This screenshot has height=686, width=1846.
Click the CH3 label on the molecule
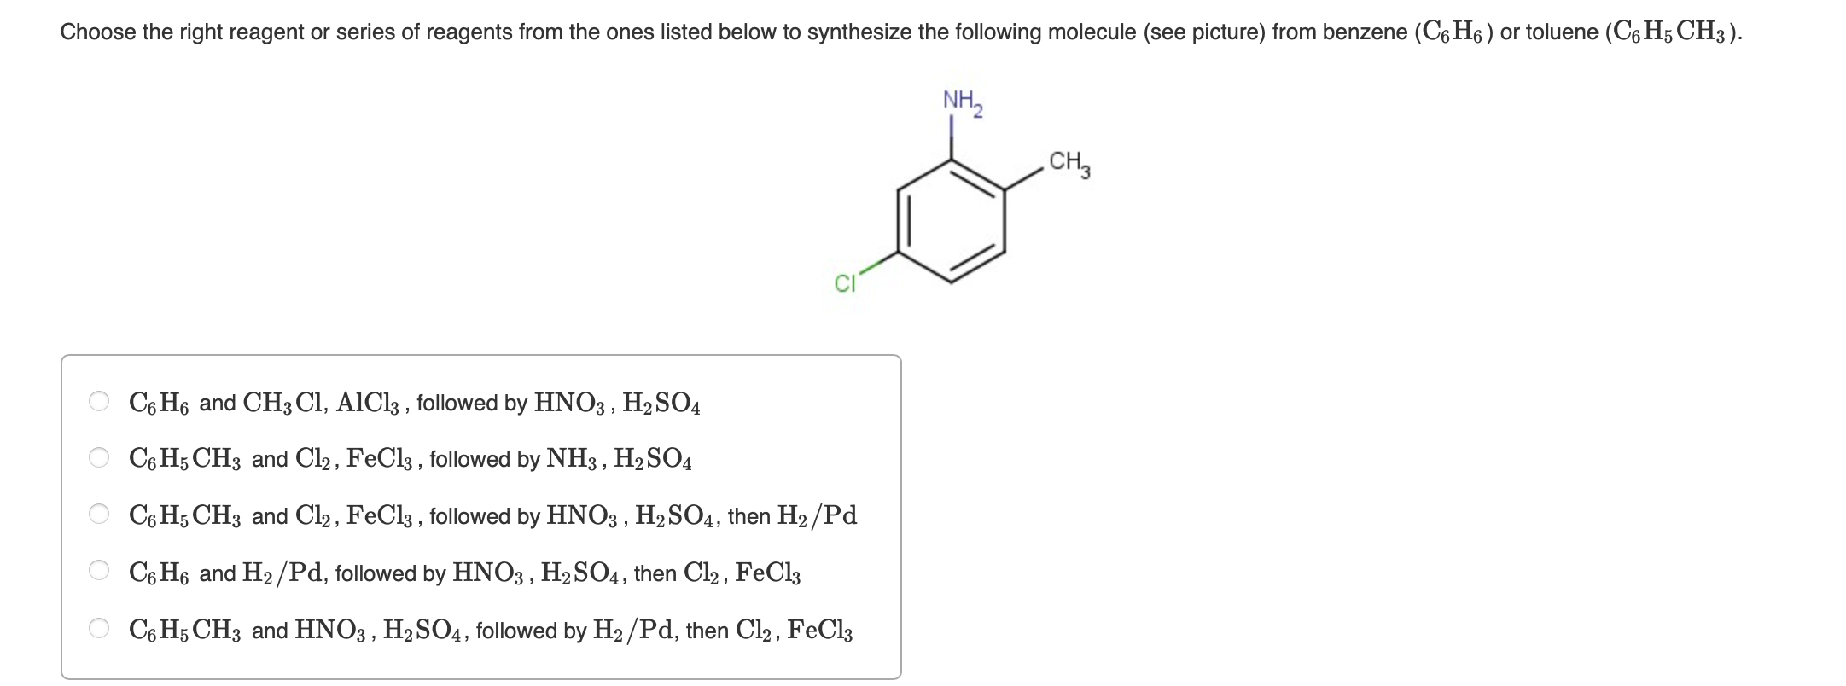(x=1069, y=163)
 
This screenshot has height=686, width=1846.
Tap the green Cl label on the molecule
(x=844, y=284)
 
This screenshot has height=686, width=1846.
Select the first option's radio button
(x=99, y=402)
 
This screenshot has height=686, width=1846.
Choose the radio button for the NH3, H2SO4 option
(x=99, y=458)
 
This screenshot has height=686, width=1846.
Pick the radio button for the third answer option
(x=99, y=515)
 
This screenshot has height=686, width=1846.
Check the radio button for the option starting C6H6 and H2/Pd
(x=99, y=572)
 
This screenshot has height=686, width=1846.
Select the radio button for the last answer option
(x=99, y=629)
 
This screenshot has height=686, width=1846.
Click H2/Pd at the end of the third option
(x=817, y=515)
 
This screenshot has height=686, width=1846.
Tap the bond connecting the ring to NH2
(x=952, y=137)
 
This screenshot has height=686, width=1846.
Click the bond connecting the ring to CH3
(x=1023, y=179)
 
